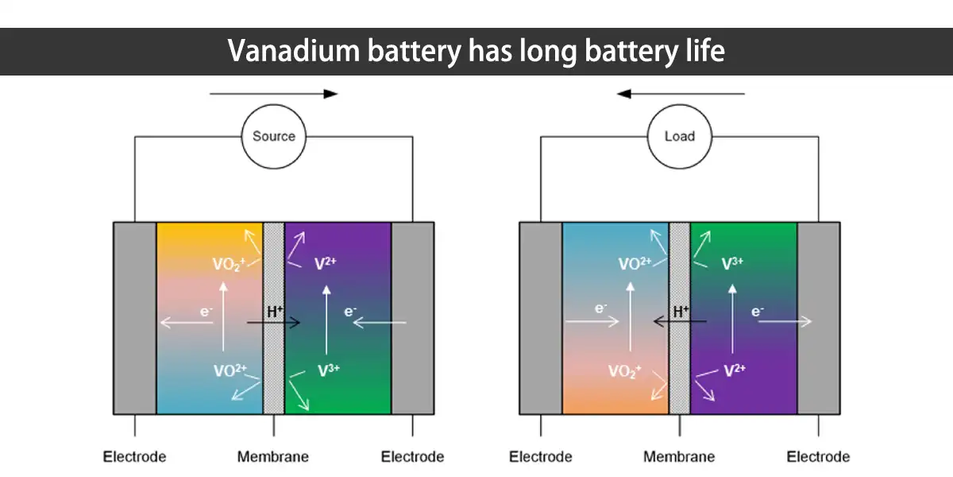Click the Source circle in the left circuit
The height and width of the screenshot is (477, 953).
[273, 137]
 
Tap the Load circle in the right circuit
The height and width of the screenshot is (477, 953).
[679, 137]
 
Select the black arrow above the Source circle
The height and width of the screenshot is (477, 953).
[273, 94]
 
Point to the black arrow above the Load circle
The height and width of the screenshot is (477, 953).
[681, 94]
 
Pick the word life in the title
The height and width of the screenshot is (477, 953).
[701, 52]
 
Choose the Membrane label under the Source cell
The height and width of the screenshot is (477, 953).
[273, 457]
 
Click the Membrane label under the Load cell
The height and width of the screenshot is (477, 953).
[679, 457]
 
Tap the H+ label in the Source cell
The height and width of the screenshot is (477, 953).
[275, 312]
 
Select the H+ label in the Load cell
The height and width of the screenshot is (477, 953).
[681, 312]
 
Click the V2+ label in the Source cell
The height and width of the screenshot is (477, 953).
[326, 264]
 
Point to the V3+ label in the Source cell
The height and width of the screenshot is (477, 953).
[328, 370]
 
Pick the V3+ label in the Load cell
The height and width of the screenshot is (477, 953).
[732, 264]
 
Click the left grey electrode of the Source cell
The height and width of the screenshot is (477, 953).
[135, 318]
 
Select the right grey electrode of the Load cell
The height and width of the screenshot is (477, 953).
[819, 318]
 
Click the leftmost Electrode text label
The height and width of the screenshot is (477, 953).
[134, 457]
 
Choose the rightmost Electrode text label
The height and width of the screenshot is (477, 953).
[818, 457]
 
